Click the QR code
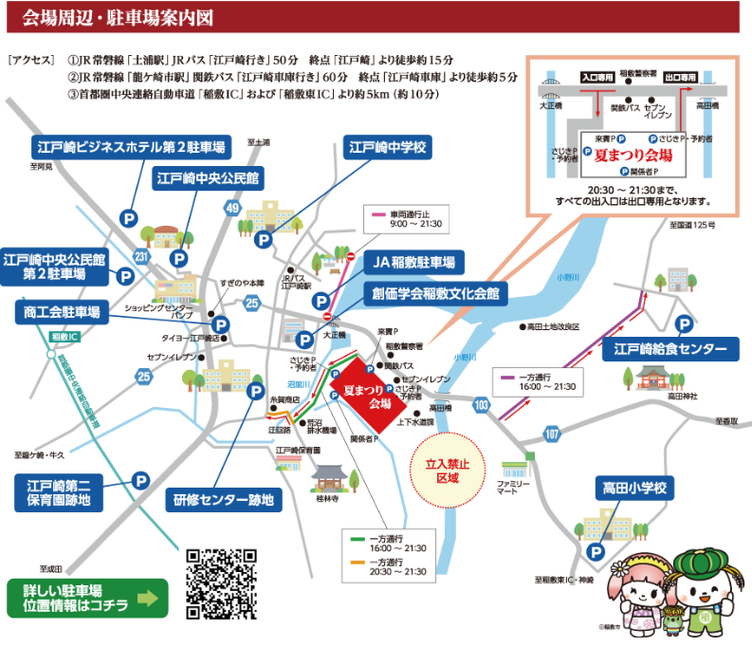coord(222,583)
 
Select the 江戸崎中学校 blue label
coord(389,148)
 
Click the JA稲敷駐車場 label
coord(413,262)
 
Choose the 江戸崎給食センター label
coord(669,350)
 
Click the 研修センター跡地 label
coord(224,499)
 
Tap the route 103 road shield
coord(484,405)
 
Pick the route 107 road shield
coord(552,434)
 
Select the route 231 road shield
coord(141,256)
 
